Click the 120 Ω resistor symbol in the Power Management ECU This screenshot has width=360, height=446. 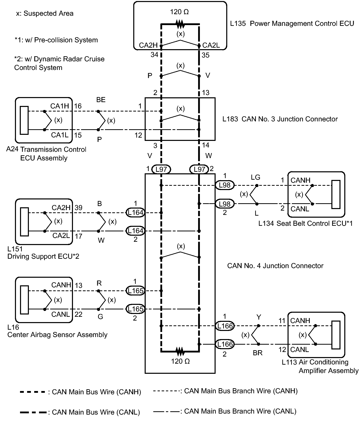[x=180, y=25]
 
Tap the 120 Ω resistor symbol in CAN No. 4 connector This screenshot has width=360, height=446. [x=180, y=351]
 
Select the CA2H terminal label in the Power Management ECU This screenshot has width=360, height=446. [x=148, y=45]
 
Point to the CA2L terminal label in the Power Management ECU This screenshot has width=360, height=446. [x=211, y=45]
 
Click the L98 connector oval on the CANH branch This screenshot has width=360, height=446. [x=225, y=185]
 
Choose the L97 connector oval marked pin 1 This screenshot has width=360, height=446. [x=161, y=169]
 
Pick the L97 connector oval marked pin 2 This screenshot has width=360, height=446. [x=199, y=169]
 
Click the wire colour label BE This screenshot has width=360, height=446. [x=101, y=100]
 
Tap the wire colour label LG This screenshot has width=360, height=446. [x=256, y=177]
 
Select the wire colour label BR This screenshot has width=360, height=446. [x=258, y=353]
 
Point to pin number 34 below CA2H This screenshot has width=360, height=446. [x=154, y=55]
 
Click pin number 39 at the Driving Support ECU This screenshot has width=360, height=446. [x=79, y=208]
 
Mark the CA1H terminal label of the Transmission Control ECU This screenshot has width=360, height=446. [x=60, y=106]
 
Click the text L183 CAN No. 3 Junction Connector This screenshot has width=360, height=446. [x=280, y=119]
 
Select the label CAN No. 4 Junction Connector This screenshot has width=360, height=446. [x=275, y=266]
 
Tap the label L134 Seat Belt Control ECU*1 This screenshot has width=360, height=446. [x=305, y=224]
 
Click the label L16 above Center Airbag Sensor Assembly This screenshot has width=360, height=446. [x=13, y=327]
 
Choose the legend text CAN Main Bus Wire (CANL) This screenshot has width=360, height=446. [x=96, y=412]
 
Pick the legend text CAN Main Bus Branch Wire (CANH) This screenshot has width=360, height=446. [x=241, y=391]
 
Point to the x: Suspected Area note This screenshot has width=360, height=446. [x=45, y=13]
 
